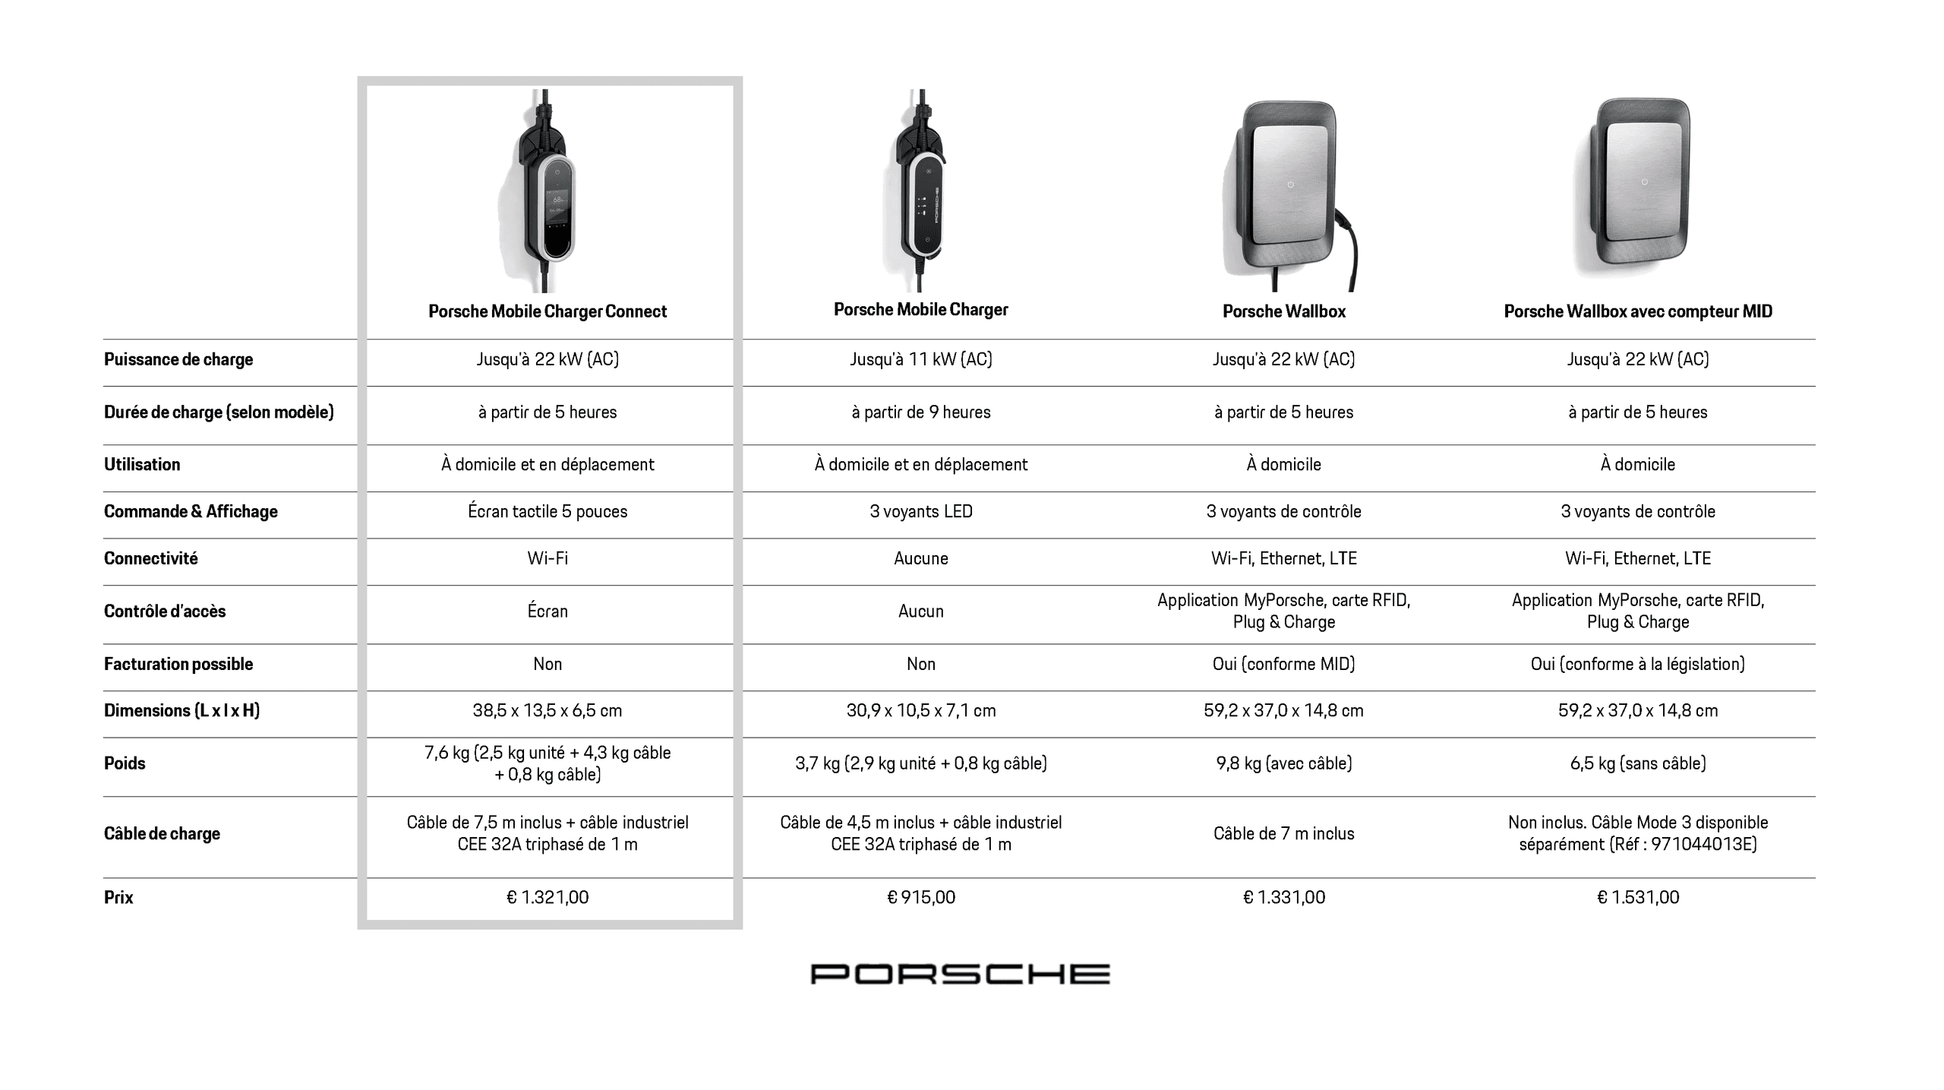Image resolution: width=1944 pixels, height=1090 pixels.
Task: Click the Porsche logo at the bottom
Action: (x=960, y=974)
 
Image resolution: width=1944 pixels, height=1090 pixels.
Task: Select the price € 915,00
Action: (x=921, y=897)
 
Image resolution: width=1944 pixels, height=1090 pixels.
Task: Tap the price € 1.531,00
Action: (x=1638, y=897)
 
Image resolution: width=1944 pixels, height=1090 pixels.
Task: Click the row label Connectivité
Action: (x=150, y=558)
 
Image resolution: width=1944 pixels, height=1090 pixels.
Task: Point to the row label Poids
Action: (x=125, y=763)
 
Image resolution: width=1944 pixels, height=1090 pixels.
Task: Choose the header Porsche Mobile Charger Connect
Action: (x=548, y=311)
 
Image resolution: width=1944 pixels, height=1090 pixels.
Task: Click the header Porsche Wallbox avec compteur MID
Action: (x=1638, y=311)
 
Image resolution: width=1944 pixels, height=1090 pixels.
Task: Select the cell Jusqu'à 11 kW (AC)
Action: (x=921, y=359)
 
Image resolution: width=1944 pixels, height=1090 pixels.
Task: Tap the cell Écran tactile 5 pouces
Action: (x=548, y=511)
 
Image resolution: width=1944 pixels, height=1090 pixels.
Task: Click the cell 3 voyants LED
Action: (x=921, y=511)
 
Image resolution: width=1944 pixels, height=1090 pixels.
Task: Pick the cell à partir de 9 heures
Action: (x=921, y=412)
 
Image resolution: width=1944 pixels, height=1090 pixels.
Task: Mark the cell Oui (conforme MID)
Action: (x=1283, y=664)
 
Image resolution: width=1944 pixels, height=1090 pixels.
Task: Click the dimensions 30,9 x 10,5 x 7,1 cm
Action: (x=921, y=711)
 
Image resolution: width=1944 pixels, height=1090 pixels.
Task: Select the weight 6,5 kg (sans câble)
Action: (x=1638, y=763)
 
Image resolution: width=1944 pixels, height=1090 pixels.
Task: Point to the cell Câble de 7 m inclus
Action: (x=1283, y=833)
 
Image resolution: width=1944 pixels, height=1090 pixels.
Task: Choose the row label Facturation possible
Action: (x=178, y=664)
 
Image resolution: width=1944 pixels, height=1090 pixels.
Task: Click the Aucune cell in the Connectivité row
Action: (x=921, y=558)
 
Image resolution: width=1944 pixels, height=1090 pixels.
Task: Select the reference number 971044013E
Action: (x=1703, y=845)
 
